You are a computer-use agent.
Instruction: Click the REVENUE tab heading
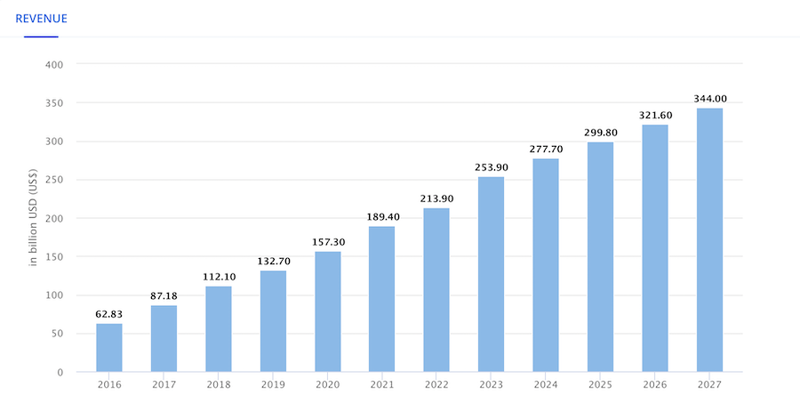41,18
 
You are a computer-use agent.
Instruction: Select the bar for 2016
109,348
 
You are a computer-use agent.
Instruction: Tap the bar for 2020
327,311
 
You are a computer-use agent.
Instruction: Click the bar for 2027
709,240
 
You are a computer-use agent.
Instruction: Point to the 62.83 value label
109,314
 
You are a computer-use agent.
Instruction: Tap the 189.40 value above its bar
382,217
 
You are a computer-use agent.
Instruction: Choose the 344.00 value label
709,99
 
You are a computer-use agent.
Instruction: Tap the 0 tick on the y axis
59,372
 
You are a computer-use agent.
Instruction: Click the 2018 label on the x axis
218,384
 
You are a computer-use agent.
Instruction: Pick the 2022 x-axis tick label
436,384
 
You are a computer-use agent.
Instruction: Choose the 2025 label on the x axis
600,384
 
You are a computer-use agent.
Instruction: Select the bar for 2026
654,248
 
